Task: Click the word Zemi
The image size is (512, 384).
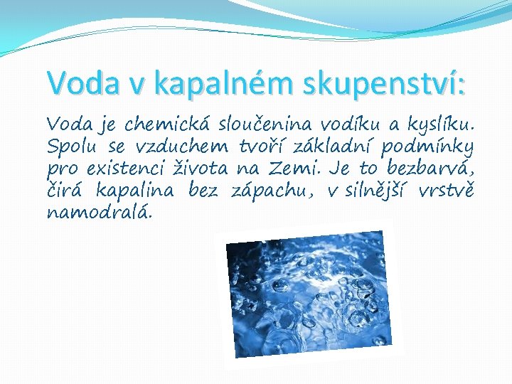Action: pos(309,170)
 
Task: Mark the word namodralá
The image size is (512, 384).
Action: pos(99,213)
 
